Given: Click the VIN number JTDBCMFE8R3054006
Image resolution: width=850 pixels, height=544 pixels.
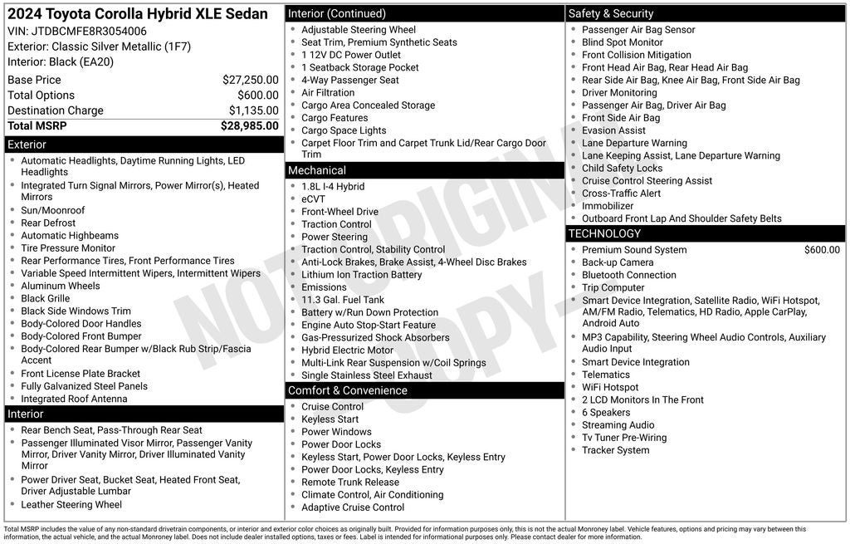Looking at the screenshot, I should (x=89, y=32).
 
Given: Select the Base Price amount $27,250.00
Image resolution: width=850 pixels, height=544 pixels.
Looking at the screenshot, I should (x=250, y=80).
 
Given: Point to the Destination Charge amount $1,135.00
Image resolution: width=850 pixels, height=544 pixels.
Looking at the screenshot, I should (x=253, y=110).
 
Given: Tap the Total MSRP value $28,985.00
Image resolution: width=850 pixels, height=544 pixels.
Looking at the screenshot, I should (x=249, y=126).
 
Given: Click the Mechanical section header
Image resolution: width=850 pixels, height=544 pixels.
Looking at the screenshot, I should (x=316, y=170).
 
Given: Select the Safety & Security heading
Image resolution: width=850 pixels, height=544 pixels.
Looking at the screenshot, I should (x=611, y=13).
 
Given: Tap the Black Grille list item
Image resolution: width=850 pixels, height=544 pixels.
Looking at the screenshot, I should (x=46, y=298).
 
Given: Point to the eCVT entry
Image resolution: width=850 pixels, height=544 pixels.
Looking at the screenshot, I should (x=314, y=199).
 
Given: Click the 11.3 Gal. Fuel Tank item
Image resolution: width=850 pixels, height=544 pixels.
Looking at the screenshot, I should (x=343, y=300).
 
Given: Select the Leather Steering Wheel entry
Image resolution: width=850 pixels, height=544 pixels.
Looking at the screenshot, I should (x=71, y=504).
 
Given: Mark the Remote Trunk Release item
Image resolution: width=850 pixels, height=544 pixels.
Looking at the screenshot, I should (x=350, y=482).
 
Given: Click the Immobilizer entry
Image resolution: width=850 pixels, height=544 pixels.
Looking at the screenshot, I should (x=608, y=206).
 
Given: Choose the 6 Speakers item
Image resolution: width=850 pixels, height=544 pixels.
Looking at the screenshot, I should (x=606, y=413).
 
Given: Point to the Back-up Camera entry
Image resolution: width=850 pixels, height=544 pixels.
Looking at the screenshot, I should (x=618, y=262).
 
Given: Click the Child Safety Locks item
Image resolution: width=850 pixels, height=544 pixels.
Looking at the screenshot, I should (x=623, y=169).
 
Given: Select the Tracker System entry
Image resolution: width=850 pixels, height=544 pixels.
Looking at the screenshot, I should (x=616, y=450).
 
